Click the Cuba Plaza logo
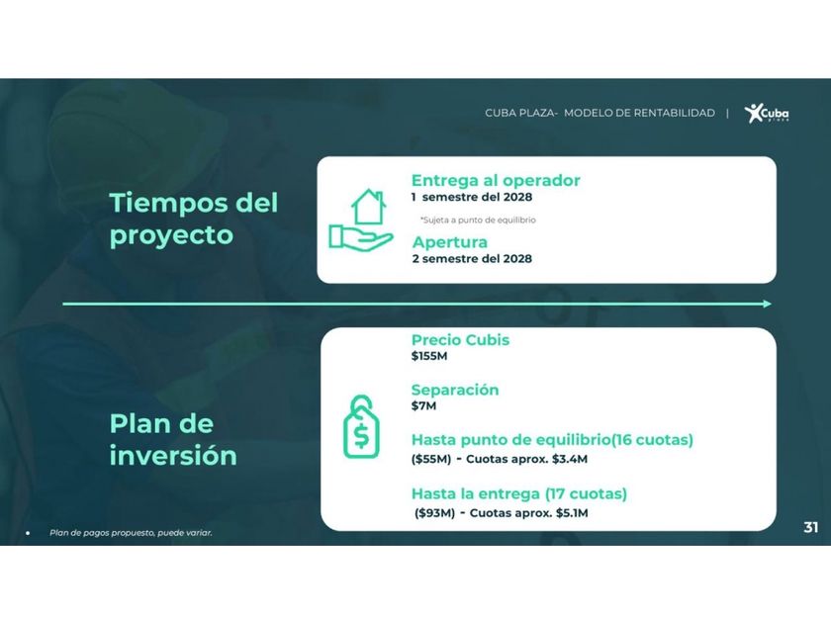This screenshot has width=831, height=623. tap(767, 113)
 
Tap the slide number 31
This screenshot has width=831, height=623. tap(811, 527)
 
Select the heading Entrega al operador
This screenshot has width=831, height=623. tap(496, 180)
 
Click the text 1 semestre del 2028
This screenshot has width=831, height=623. tap(472, 197)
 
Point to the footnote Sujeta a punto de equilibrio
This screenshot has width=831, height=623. tap(478, 220)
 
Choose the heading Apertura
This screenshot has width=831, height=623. tap(449, 242)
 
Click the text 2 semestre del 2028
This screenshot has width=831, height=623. tap(472, 258)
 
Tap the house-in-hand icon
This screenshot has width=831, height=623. tap(361, 219)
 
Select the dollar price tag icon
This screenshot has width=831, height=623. tap(361, 426)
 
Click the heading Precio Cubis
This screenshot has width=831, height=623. tap(460, 339)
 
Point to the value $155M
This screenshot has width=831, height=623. tap(429, 356)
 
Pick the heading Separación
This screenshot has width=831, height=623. tap(455, 390)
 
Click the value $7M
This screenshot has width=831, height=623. tap(423, 405)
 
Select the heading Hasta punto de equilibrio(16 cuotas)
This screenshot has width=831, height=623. tap(552, 440)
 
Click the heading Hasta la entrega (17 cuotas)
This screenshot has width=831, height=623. tap(518, 493)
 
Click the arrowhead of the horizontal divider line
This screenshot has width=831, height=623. tap(768, 304)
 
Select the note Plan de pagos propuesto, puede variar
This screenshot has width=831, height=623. tap(131, 532)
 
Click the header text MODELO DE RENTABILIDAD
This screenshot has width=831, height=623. tap(639, 113)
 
